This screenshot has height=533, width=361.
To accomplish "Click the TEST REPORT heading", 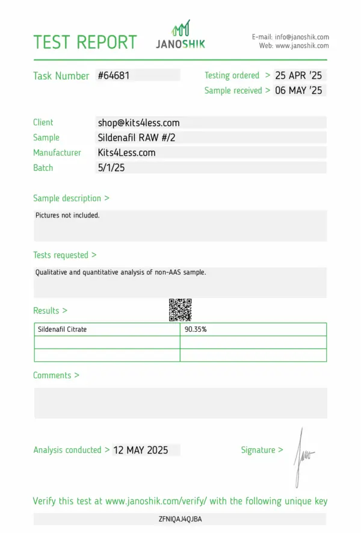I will coord(85,42).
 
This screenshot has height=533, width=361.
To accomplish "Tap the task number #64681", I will coord(114,75).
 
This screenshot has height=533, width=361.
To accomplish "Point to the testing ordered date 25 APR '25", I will coord(298,75).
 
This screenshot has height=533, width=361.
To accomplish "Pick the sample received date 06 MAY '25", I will coord(298,90).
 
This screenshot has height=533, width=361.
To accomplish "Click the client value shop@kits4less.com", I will coord(138,122).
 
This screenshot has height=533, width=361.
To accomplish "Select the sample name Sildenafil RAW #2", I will coord(136,137).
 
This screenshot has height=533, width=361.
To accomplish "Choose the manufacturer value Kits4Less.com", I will coord(126,152).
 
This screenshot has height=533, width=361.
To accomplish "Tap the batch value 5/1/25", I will coord(111,167).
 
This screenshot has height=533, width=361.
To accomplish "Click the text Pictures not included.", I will coord(67,215).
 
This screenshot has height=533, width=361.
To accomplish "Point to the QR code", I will coord(180,310).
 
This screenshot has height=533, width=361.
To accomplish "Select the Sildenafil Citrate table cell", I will coord(62,329).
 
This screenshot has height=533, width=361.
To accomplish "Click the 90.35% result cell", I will coord(196,329).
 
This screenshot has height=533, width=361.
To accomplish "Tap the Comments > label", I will coord(56,375).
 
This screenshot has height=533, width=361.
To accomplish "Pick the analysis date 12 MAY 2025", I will coord(141,450).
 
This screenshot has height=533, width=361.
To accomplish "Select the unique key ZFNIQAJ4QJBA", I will coord(180,519).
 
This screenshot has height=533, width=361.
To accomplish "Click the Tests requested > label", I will coord(64,255).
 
